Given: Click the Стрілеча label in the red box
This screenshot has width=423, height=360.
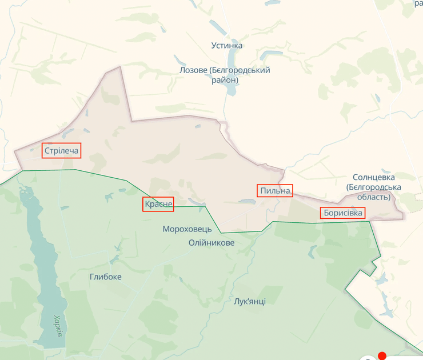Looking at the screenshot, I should point(61,151).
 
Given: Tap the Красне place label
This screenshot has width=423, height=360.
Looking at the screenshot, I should point(158,204).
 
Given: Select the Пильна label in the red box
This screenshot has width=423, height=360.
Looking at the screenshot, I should point(275,190).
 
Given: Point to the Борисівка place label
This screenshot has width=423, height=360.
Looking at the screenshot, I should point(342,213).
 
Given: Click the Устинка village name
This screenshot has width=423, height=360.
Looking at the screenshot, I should point(227,46).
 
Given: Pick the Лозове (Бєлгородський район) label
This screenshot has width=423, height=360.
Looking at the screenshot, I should point(225,75).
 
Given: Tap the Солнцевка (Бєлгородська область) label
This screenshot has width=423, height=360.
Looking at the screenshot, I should point(374,187).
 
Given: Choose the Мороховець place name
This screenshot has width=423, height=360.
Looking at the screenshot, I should point(187,229).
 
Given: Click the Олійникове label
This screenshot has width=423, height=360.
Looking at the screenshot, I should point(212,243).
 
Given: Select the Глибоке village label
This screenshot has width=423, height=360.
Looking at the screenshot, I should point(105,277).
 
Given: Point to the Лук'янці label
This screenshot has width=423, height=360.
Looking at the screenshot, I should point(250,301).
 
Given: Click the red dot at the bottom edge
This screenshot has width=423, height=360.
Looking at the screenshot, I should point(382,357).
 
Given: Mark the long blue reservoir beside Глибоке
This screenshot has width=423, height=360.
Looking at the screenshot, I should point(46,269).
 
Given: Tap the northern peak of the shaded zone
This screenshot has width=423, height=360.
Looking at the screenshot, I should point(121,67).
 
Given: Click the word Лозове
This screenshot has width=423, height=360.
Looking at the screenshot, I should point(193,70).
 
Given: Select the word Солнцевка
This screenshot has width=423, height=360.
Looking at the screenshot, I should point(374,177).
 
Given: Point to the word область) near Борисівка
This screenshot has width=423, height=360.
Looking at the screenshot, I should point(374,197).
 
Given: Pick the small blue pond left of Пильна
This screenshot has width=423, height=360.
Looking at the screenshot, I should point(247,201).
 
